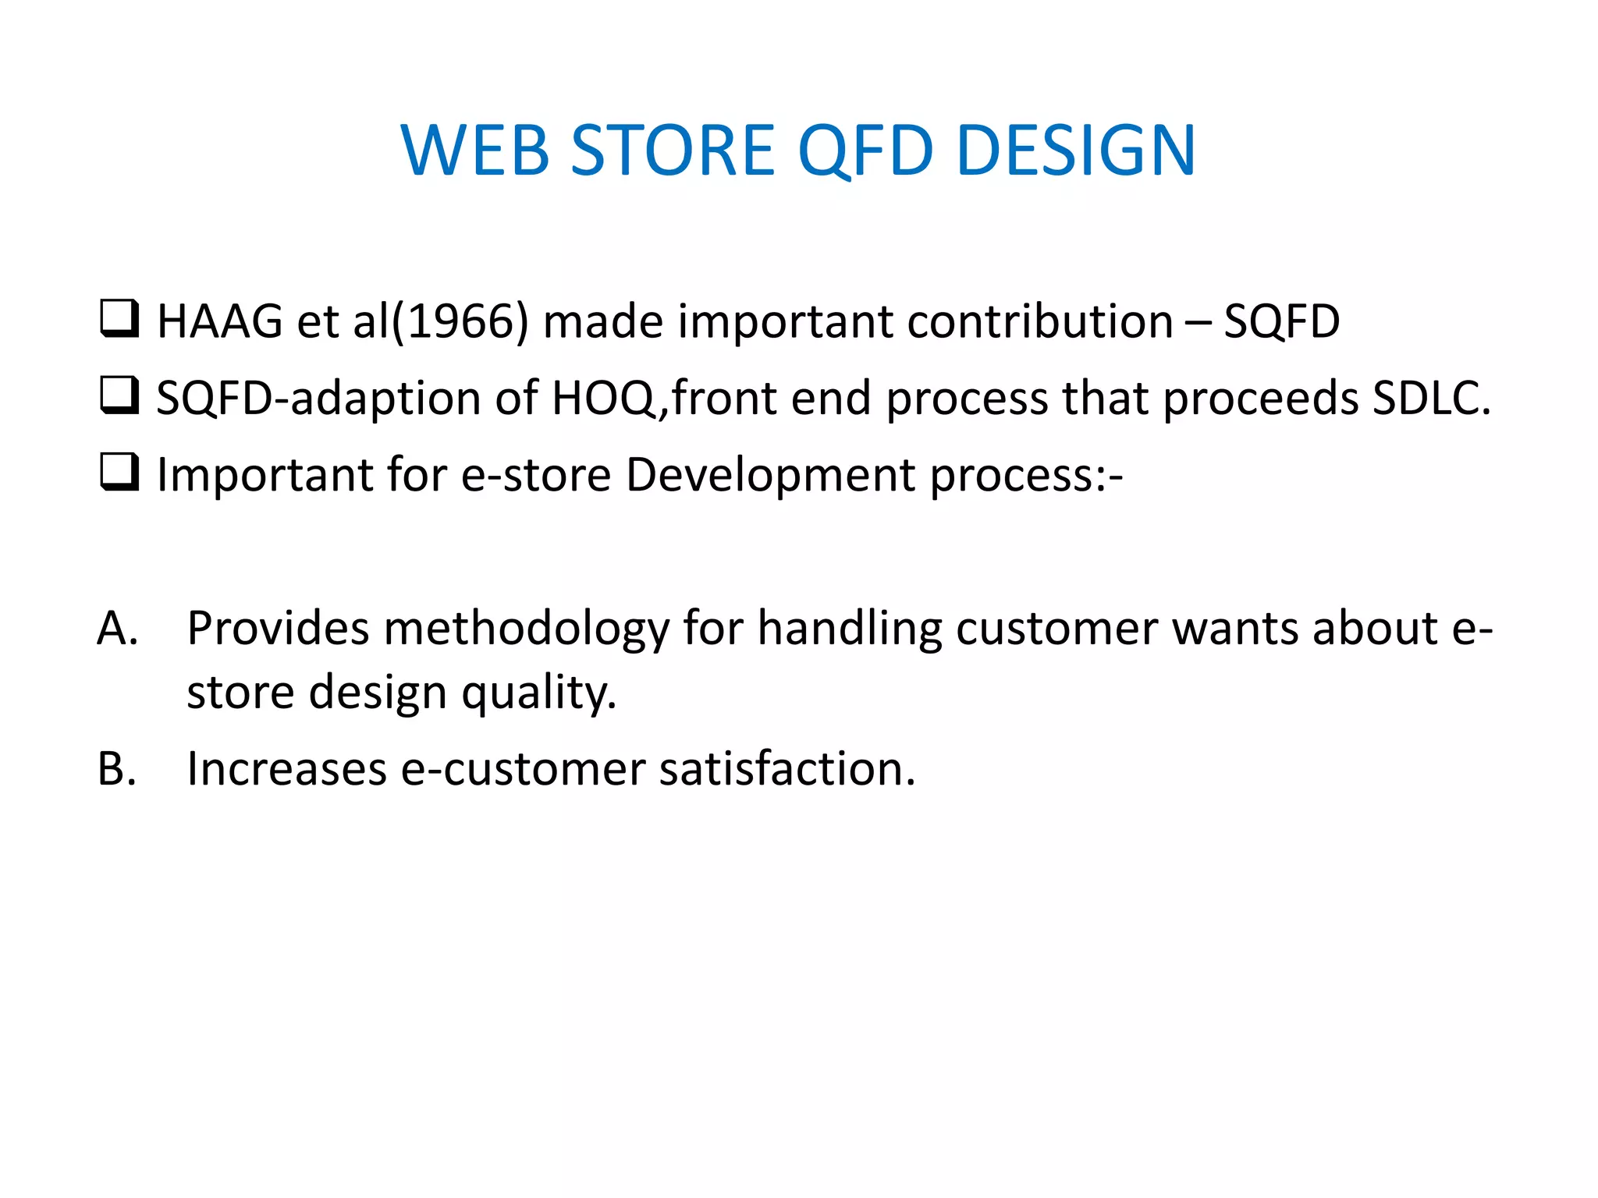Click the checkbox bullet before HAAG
pyautogui.click(x=119, y=319)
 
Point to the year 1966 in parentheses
pyautogui.click(x=460, y=321)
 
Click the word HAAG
pyautogui.click(x=220, y=321)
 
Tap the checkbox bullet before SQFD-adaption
pyautogui.click(x=119, y=395)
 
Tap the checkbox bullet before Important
pyautogui.click(x=119, y=472)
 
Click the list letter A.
pyautogui.click(x=117, y=629)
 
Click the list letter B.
pyautogui.click(x=117, y=769)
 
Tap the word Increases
pyautogui.click(x=286, y=769)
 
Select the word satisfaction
pyautogui.click(x=787, y=769)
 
